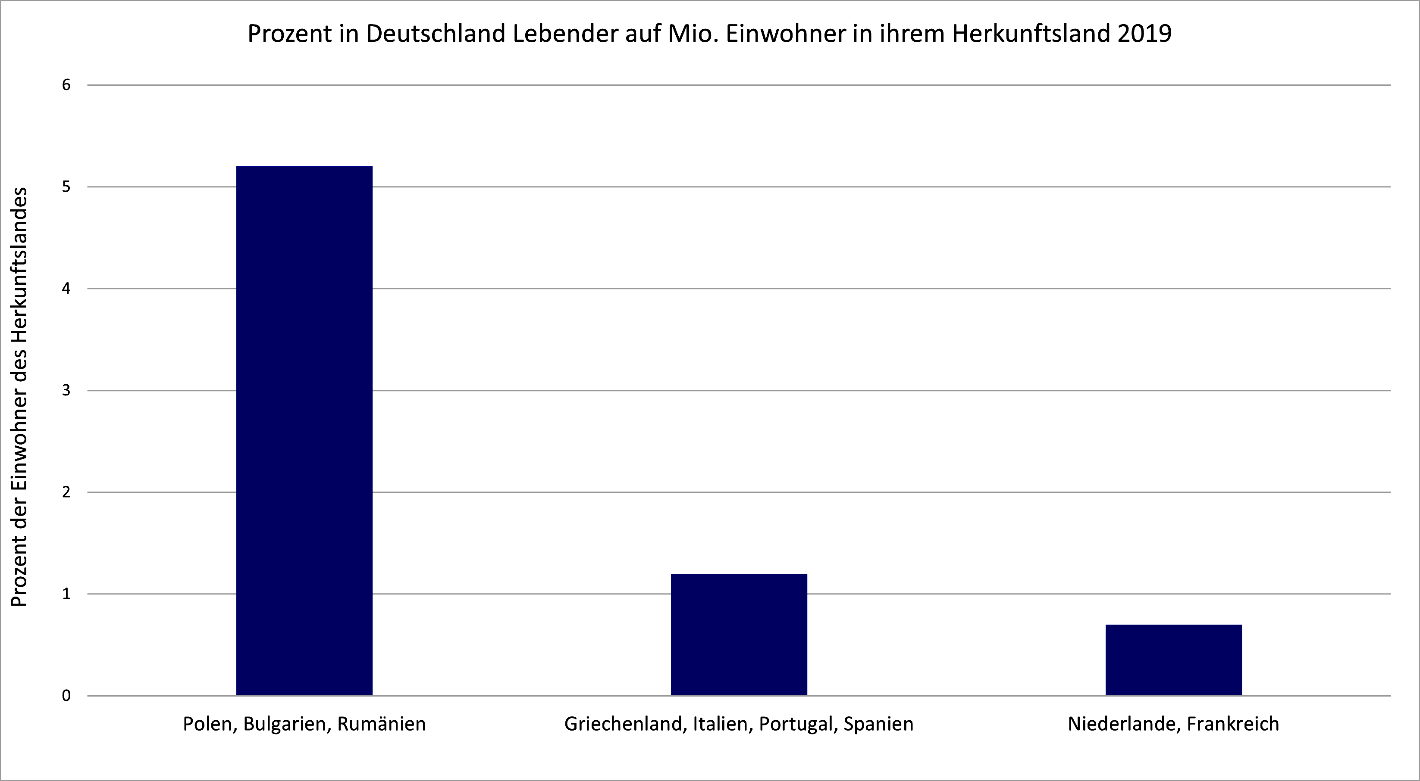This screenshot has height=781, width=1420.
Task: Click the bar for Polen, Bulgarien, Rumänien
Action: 304,430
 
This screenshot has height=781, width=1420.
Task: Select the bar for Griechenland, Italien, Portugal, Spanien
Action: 739,634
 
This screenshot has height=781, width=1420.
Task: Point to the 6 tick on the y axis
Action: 67,85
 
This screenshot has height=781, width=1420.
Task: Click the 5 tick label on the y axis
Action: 67,187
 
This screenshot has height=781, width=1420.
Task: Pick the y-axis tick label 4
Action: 67,289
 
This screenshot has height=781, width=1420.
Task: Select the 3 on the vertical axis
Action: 67,390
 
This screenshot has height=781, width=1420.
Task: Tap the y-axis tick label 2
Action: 67,492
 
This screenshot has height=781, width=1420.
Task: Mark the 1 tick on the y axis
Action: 67,594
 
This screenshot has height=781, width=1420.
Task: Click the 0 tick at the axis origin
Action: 67,696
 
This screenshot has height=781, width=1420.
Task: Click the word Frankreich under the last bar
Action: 1232,724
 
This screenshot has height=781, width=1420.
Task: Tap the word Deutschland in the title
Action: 434,34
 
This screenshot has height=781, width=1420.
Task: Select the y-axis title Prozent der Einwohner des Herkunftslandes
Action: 20,397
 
